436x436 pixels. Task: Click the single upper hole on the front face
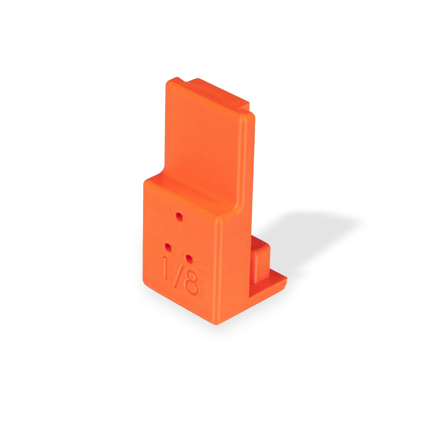(179, 216)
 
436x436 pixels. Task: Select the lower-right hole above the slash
(189, 258)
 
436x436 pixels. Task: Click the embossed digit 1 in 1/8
(166, 267)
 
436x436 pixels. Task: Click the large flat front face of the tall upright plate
(203, 140)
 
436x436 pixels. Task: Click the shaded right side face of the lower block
(235, 262)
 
